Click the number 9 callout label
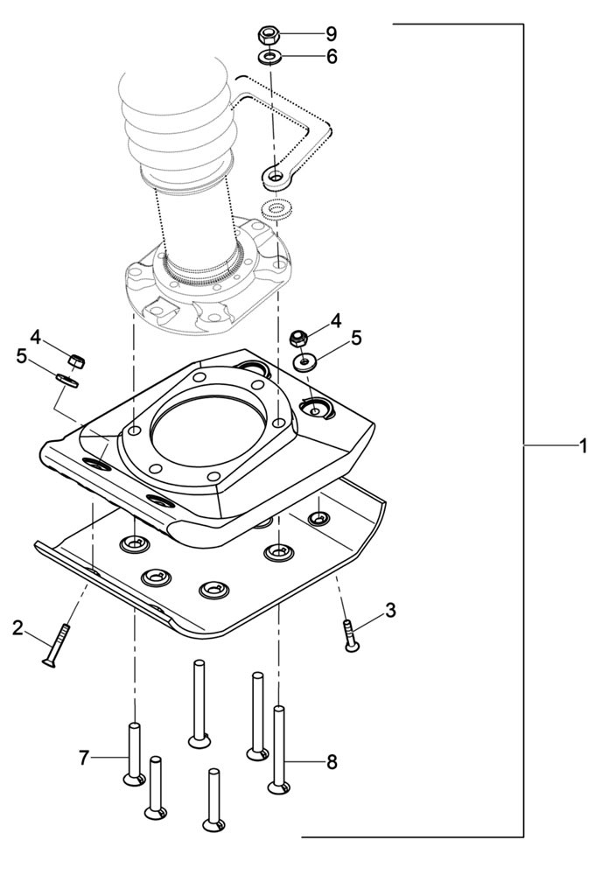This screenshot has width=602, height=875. coord(332,34)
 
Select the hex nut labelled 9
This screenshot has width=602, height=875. coord(269,36)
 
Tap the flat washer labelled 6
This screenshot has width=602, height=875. coord(269,58)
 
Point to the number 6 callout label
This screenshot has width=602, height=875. coord(332,57)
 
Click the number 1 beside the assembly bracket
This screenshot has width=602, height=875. coord(582,446)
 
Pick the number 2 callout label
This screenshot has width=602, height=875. coord(17,626)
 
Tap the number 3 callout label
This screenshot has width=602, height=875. coord(390,610)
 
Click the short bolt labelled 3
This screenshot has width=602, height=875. coord(350,635)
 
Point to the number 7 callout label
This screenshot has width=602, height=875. coord(84,758)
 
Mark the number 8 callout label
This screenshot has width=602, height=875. coord(332,762)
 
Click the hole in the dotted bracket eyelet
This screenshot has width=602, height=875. coord(275,178)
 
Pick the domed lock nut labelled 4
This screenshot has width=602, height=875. coord(297,337)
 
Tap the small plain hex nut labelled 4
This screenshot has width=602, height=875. coord(76,359)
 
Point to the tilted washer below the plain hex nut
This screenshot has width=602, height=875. coord(68,379)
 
